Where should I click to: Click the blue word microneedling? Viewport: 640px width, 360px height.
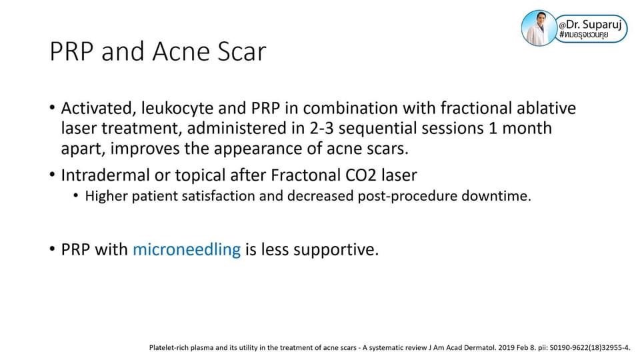point(187,249)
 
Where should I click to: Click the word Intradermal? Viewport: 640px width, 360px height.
point(105,175)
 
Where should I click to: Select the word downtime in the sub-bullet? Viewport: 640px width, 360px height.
point(496,196)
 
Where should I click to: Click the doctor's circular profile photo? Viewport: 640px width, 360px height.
point(539,28)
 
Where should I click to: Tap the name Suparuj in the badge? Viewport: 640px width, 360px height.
point(602,25)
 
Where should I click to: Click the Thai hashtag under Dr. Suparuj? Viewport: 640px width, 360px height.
point(584,35)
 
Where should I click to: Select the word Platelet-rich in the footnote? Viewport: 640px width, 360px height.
point(167,348)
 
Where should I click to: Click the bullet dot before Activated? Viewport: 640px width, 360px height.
point(52,108)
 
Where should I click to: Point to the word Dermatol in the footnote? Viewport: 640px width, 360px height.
point(483,348)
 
